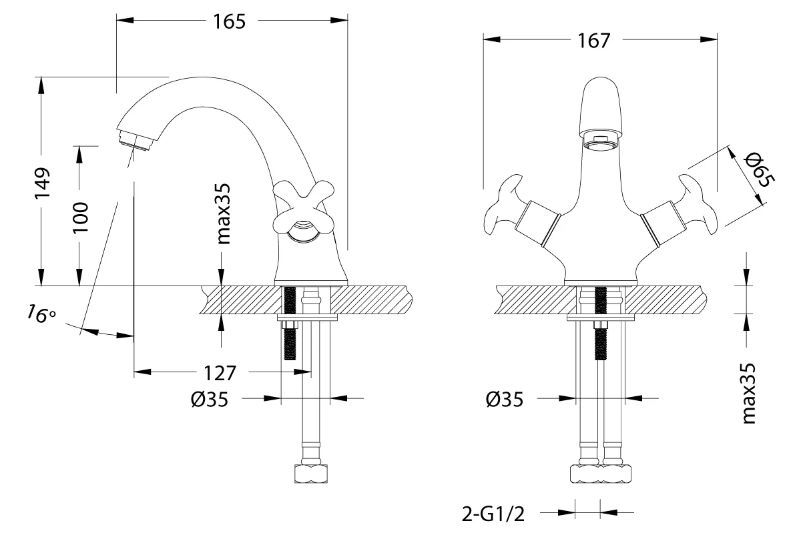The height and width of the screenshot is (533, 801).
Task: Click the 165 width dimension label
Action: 229,21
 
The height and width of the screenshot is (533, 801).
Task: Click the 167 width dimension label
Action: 594,41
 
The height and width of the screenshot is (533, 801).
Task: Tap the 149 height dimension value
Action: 42,182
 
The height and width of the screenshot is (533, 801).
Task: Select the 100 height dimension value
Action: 80,217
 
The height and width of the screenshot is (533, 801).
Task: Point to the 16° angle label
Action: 42,314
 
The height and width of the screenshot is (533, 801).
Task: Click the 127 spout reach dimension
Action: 220,373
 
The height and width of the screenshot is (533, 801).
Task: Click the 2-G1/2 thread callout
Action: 493,514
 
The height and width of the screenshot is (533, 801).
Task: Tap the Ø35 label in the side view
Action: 210,400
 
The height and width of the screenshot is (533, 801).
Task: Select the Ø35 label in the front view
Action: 505,400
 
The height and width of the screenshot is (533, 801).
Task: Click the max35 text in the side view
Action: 223,213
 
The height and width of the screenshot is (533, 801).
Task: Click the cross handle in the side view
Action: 304,211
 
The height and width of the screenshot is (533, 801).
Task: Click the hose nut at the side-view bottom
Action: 311,474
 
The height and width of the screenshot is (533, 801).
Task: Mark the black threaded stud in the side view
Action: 290,324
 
